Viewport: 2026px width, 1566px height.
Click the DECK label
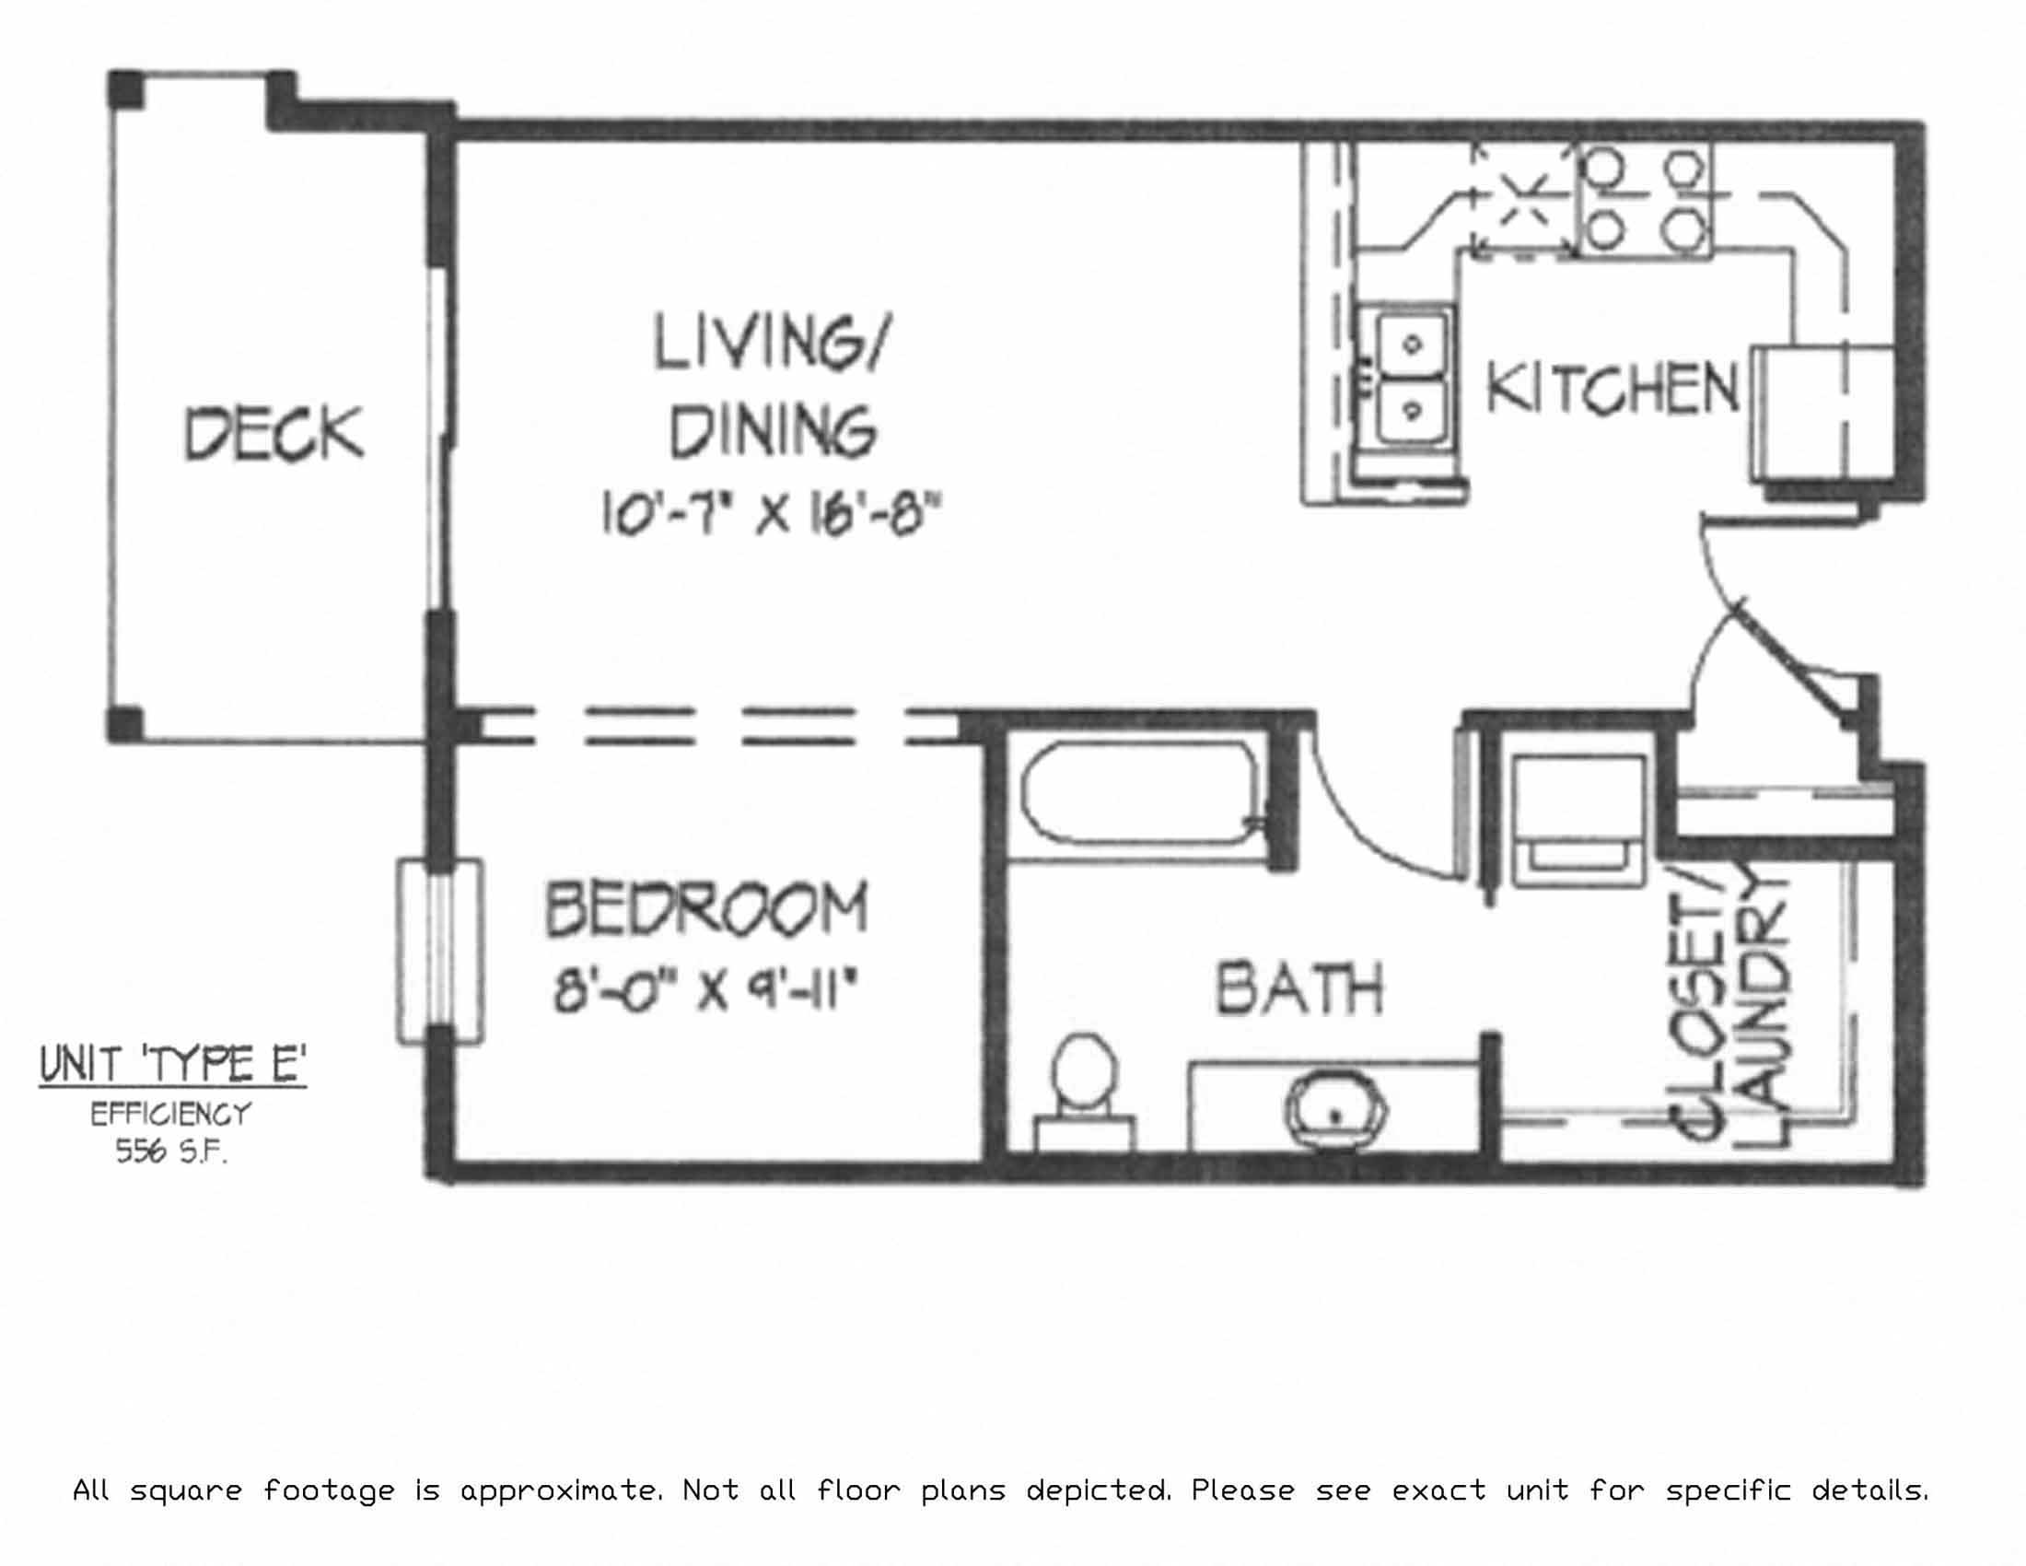[274, 433]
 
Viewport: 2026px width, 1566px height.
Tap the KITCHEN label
[1613, 389]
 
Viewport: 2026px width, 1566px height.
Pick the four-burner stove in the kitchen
[1644, 200]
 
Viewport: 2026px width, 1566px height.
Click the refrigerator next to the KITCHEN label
[1821, 412]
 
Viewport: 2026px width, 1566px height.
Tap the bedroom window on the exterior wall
[439, 951]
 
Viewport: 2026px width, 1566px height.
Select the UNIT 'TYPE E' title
[172, 1066]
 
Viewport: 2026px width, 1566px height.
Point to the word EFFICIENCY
[170, 1114]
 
